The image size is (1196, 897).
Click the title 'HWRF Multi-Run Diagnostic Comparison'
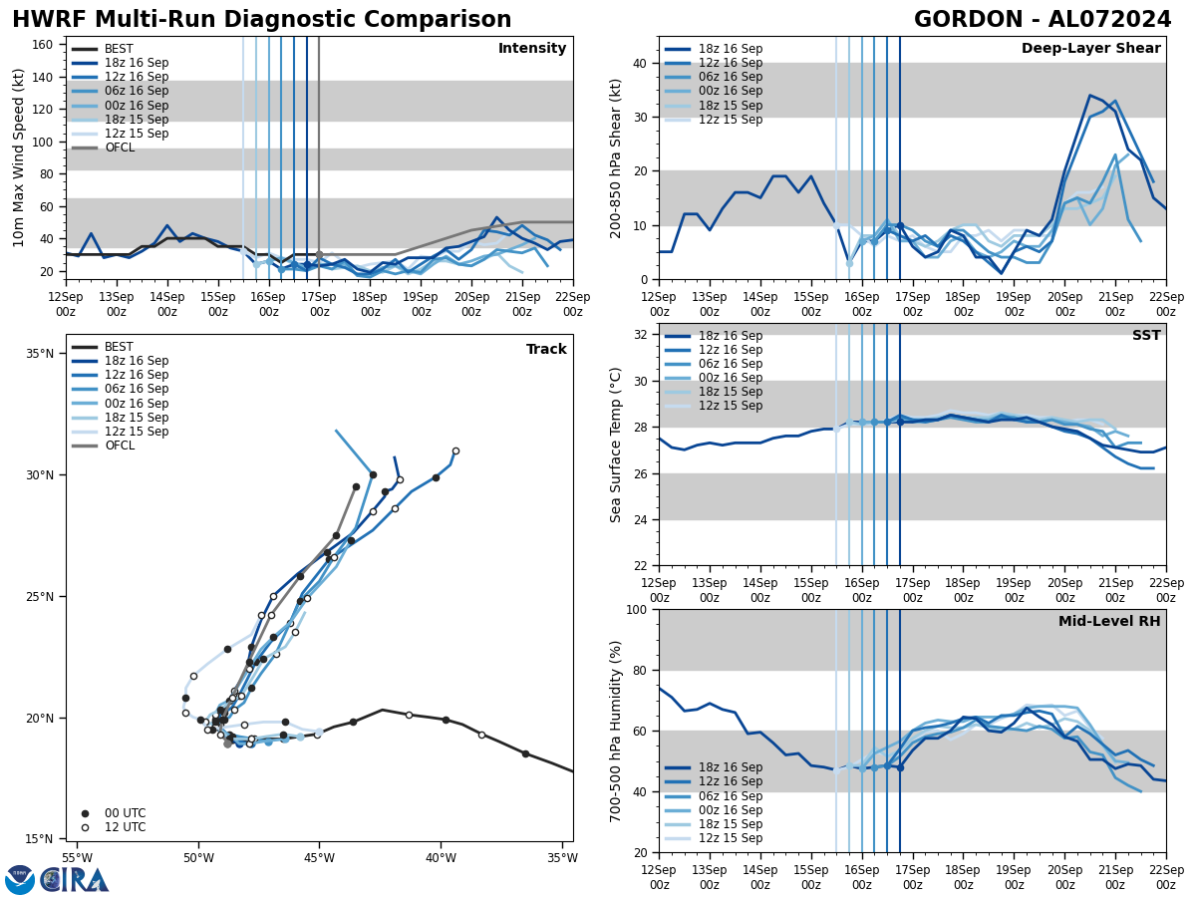(261, 20)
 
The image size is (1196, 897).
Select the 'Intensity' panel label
(532, 49)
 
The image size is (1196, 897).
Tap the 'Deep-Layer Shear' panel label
(1090, 49)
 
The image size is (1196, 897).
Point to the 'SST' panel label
(1146, 336)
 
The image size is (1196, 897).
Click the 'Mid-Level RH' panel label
(1109, 622)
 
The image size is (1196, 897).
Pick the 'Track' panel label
(546, 350)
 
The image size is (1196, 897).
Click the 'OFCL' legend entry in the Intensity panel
(120, 148)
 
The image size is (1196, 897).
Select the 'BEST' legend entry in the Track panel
(119, 347)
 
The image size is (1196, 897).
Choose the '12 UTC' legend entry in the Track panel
(125, 827)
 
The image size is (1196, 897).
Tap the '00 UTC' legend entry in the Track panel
(125, 813)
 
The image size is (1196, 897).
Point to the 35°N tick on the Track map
(40, 354)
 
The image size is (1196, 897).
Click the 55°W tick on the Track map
(77, 858)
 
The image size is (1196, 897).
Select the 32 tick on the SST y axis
(641, 335)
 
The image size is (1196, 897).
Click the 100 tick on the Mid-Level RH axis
(637, 610)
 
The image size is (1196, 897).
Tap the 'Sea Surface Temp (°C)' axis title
(616, 445)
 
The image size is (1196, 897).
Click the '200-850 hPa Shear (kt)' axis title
(616, 158)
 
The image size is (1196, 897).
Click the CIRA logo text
(74, 880)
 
